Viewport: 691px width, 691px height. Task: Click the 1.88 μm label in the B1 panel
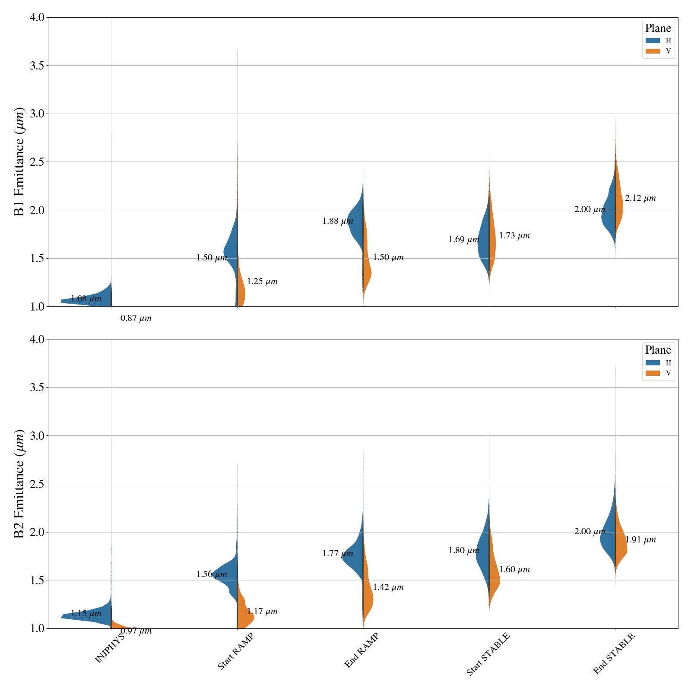(338, 222)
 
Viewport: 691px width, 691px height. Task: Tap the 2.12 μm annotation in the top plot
(640, 199)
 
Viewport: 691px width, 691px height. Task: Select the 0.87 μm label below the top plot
(136, 319)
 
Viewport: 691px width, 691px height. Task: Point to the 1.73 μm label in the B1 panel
(514, 236)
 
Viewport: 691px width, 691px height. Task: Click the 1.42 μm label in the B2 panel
(388, 587)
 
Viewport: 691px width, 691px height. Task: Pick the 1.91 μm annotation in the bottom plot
(640, 540)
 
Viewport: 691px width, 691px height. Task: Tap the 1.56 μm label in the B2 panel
(212, 574)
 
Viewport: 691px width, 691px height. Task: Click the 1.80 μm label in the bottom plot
(464, 551)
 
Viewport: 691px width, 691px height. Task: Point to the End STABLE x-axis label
(614, 653)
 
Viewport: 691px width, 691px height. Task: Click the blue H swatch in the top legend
(653, 41)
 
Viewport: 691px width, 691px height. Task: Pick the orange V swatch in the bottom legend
(653, 373)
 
